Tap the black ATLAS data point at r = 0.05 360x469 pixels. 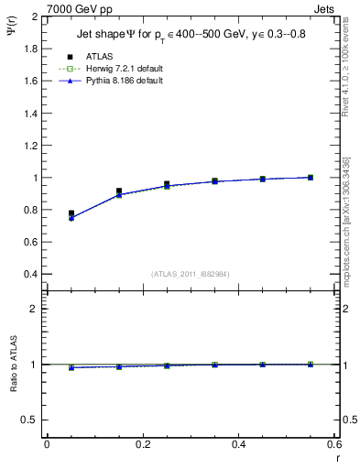(71, 213)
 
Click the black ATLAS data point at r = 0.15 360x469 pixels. (119, 191)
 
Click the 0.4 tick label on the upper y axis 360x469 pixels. (30, 274)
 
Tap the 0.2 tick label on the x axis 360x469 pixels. (143, 444)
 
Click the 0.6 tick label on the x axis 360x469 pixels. (334, 444)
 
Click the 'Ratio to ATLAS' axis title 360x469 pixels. (12, 366)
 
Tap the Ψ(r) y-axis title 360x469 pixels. (12, 32)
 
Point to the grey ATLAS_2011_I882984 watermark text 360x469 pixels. (191, 274)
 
